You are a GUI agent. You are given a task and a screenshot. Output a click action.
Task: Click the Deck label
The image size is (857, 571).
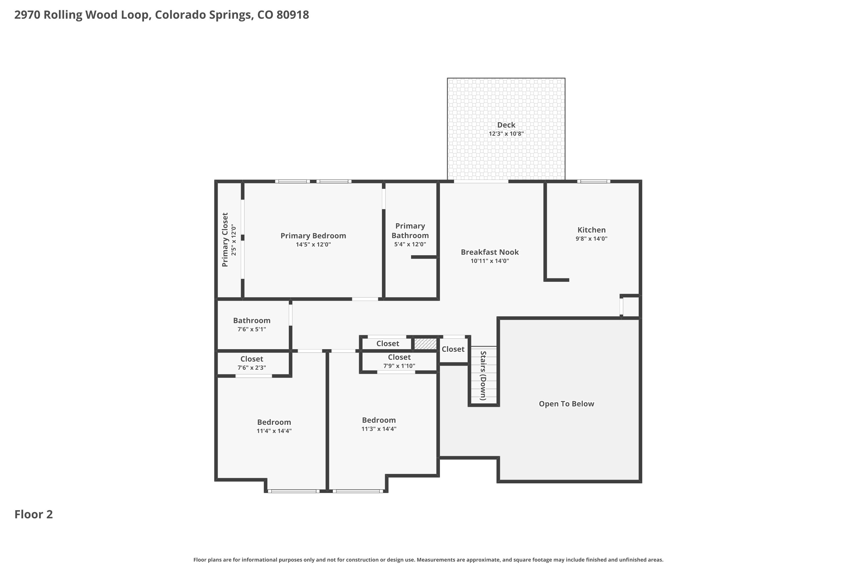[x=506, y=125]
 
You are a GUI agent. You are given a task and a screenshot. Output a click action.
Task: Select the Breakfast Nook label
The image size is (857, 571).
[x=490, y=252]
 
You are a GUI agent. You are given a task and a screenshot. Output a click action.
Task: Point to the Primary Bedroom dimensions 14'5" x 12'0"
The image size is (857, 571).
[x=313, y=245]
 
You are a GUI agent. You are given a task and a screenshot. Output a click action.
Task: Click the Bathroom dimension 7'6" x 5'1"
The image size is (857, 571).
[x=252, y=329]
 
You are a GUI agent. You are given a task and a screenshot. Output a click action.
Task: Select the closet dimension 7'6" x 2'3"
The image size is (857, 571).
[x=252, y=368]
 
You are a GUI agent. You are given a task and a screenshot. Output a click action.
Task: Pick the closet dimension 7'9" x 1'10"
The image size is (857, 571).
[x=399, y=366]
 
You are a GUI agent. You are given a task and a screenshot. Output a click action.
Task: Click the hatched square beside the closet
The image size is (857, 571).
[x=425, y=344]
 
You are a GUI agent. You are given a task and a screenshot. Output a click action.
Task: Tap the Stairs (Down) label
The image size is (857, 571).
[x=483, y=375]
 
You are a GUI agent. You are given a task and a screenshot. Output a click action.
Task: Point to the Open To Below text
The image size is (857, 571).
[x=566, y=404]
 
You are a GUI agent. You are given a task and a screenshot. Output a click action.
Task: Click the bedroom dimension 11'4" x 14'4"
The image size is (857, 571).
[x=274, y=431]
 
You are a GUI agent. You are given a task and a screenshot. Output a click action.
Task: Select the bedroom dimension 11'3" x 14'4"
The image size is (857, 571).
[x=379, y=429]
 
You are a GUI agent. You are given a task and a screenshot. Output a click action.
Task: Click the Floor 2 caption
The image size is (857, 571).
[x=33, y=514]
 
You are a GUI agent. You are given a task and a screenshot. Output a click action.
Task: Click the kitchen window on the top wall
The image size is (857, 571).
[x=594, y=181]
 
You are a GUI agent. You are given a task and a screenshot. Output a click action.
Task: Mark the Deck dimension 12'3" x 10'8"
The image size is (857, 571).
[x=506, y=134]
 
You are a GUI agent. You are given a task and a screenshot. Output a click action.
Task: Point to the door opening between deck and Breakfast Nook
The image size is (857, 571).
[x=481, y=181]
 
